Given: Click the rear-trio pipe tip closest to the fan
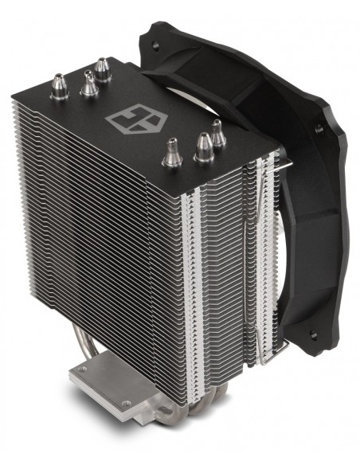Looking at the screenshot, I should pos(102,66).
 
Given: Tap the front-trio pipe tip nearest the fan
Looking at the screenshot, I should pos(216,130).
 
